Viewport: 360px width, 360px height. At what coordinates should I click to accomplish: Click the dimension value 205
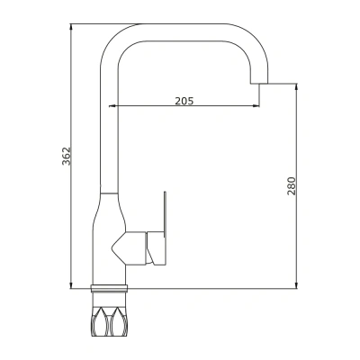tap(184, 101)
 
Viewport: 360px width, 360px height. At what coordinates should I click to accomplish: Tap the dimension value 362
tap(66, 156)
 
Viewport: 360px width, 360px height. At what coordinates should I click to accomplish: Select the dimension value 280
tap(292, 186)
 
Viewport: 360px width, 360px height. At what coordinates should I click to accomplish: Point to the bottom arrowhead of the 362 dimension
tap(71, 284)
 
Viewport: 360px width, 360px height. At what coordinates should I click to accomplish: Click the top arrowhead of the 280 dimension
tap(296, 87)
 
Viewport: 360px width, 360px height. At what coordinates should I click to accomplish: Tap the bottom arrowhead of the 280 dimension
tap(296, 284)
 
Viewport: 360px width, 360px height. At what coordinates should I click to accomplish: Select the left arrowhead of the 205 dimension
tap(112, 105)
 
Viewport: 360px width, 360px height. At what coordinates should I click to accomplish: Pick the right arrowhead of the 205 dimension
tap(256, 105)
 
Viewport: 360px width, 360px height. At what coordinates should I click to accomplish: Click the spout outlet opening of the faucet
tap(259, 83)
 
